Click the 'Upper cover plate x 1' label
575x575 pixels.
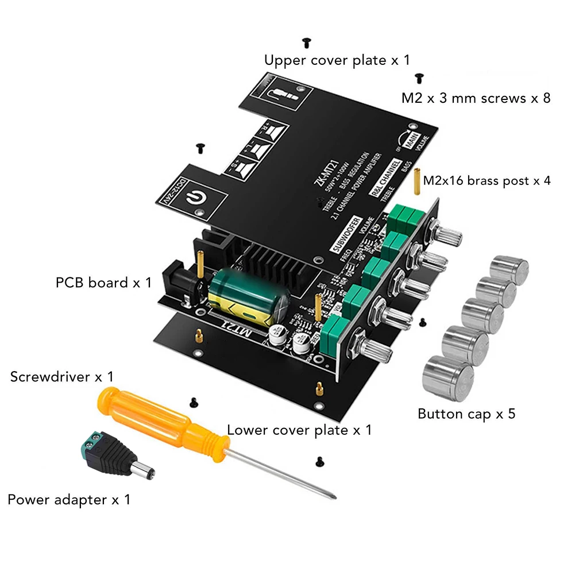click(x=337, y=60)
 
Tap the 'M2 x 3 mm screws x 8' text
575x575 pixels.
click(x=476, y=98)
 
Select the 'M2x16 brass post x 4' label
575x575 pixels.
click(x=487, y=181)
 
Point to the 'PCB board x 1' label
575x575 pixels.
click(x=104, y=283)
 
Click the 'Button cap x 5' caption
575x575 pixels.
click(x=466, y=414)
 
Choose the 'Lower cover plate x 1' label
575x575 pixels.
click(x=299, y=430)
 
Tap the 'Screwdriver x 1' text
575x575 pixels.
click(x=62, y=377)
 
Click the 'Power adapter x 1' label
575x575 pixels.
click(x=69, y=500)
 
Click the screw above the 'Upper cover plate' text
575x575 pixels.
click(x=306, y=42)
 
